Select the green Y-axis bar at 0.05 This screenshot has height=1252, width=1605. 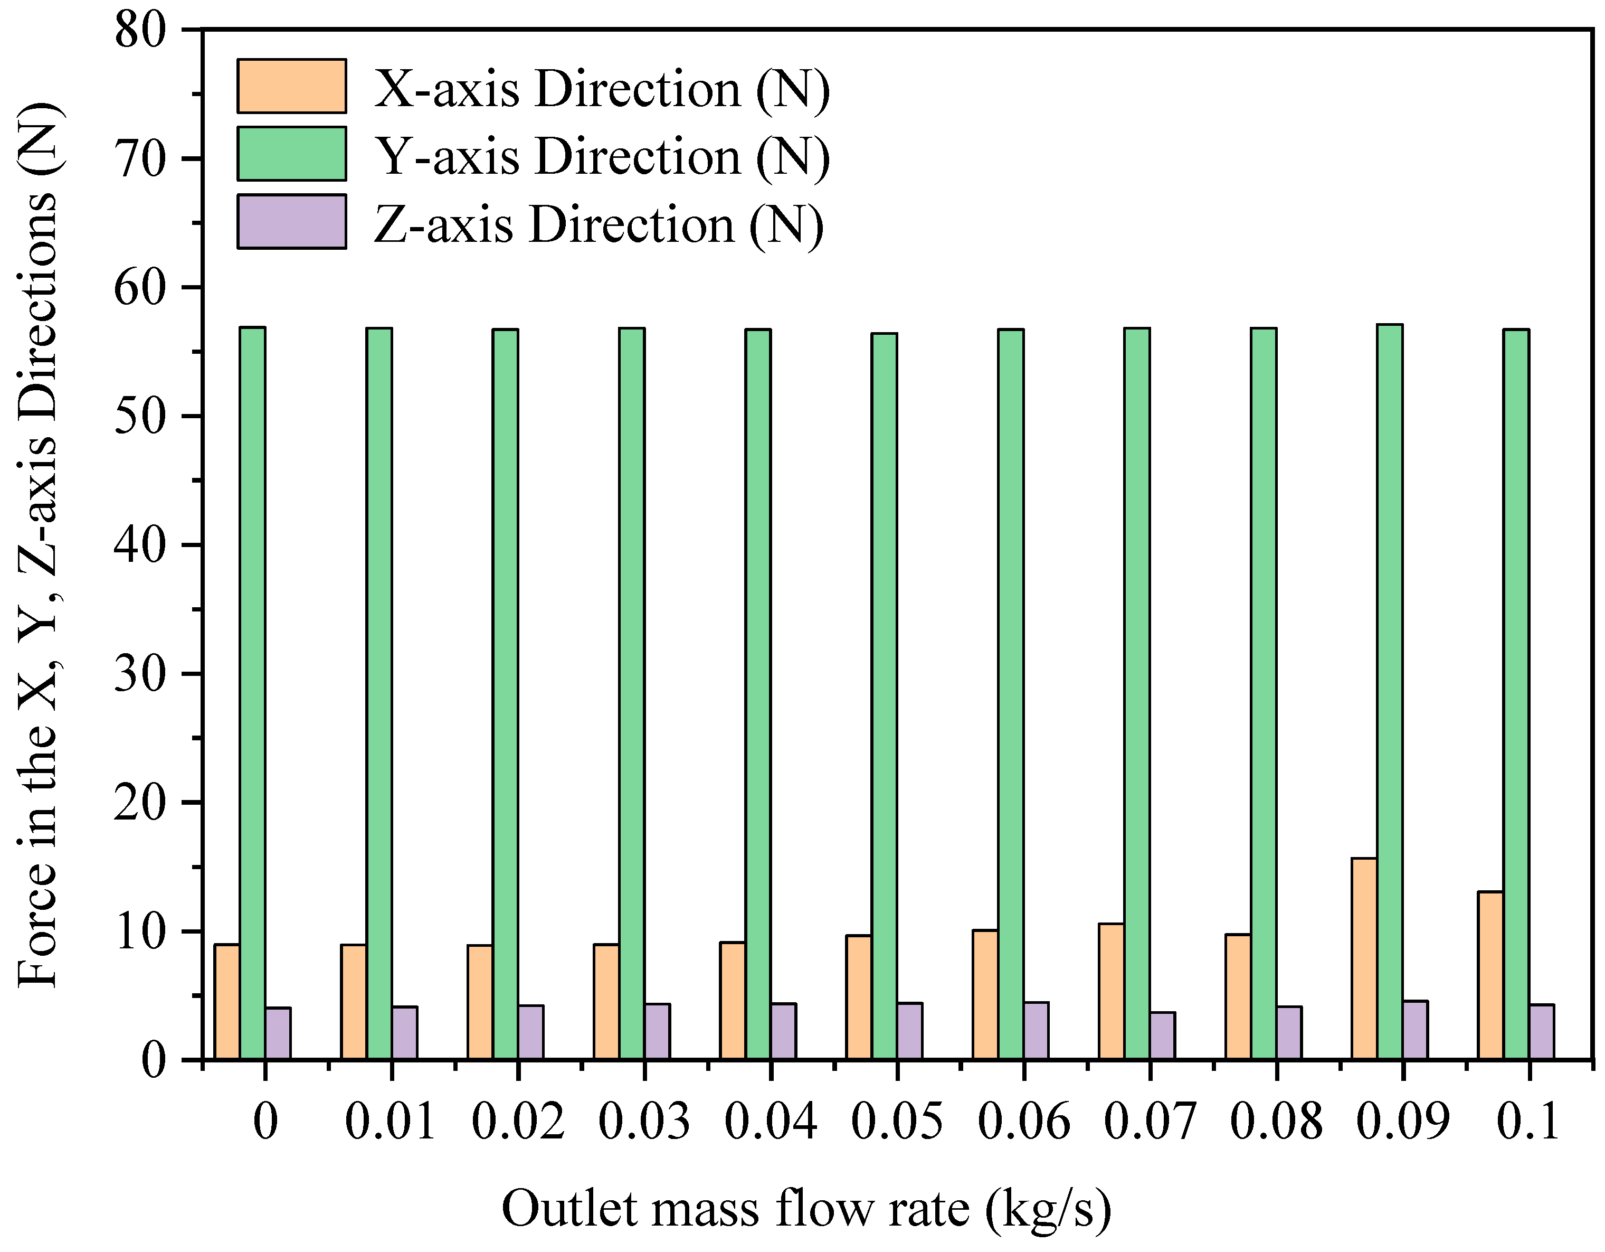(x=884, y=695)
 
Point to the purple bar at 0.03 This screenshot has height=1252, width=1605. (x=657, y=1031)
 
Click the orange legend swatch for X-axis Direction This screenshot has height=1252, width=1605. (x=292, y=86)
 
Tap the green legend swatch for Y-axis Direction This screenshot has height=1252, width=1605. (x=292, y=154)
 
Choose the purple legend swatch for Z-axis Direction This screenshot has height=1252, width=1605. (x=292, y=221)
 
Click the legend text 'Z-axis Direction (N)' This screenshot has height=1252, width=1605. (x=599, y=224)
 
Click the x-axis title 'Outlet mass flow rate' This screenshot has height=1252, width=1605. (x=806, y=1209)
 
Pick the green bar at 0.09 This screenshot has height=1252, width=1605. (x=1390, y=691)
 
